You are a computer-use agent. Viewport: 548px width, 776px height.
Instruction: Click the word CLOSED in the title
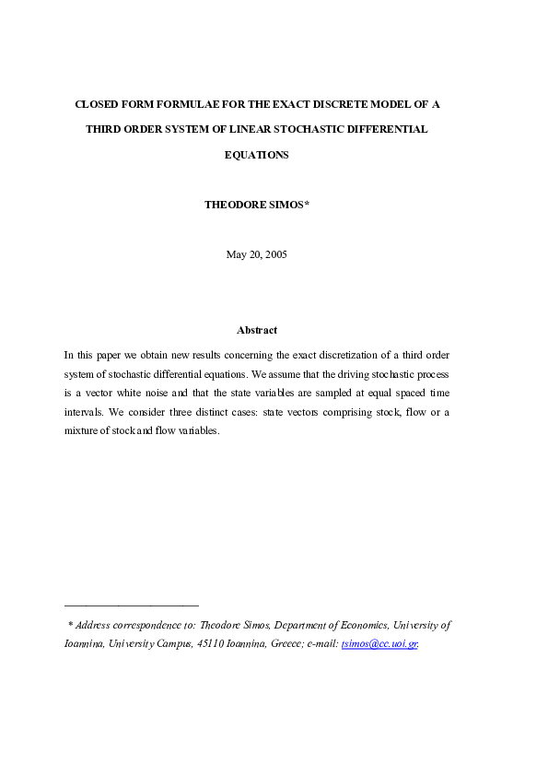click(x=96, y=105)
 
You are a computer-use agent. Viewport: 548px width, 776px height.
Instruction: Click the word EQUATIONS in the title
click(x=256, y=155)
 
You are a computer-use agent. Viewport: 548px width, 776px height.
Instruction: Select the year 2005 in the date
click(x=275, y=254)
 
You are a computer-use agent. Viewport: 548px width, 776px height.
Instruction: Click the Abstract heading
click(x=256, y=330)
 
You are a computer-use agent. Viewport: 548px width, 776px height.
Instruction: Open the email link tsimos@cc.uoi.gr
click(x=379, y=644)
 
